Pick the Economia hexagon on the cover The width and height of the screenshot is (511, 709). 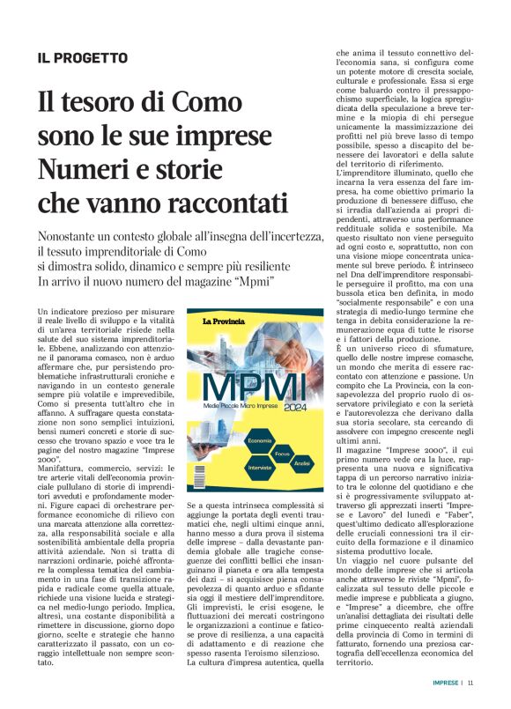(260, 439)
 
